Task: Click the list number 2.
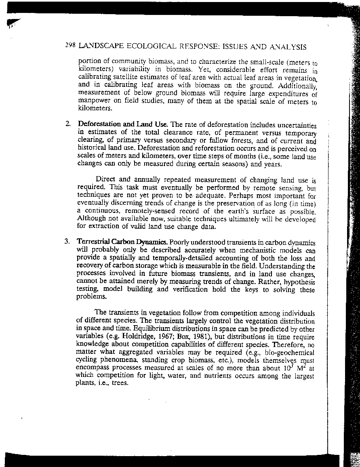(67, 124)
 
